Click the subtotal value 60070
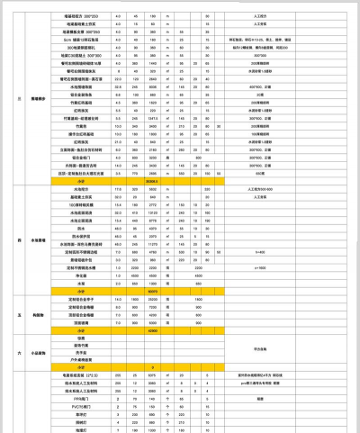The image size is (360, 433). coord(152,291)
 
